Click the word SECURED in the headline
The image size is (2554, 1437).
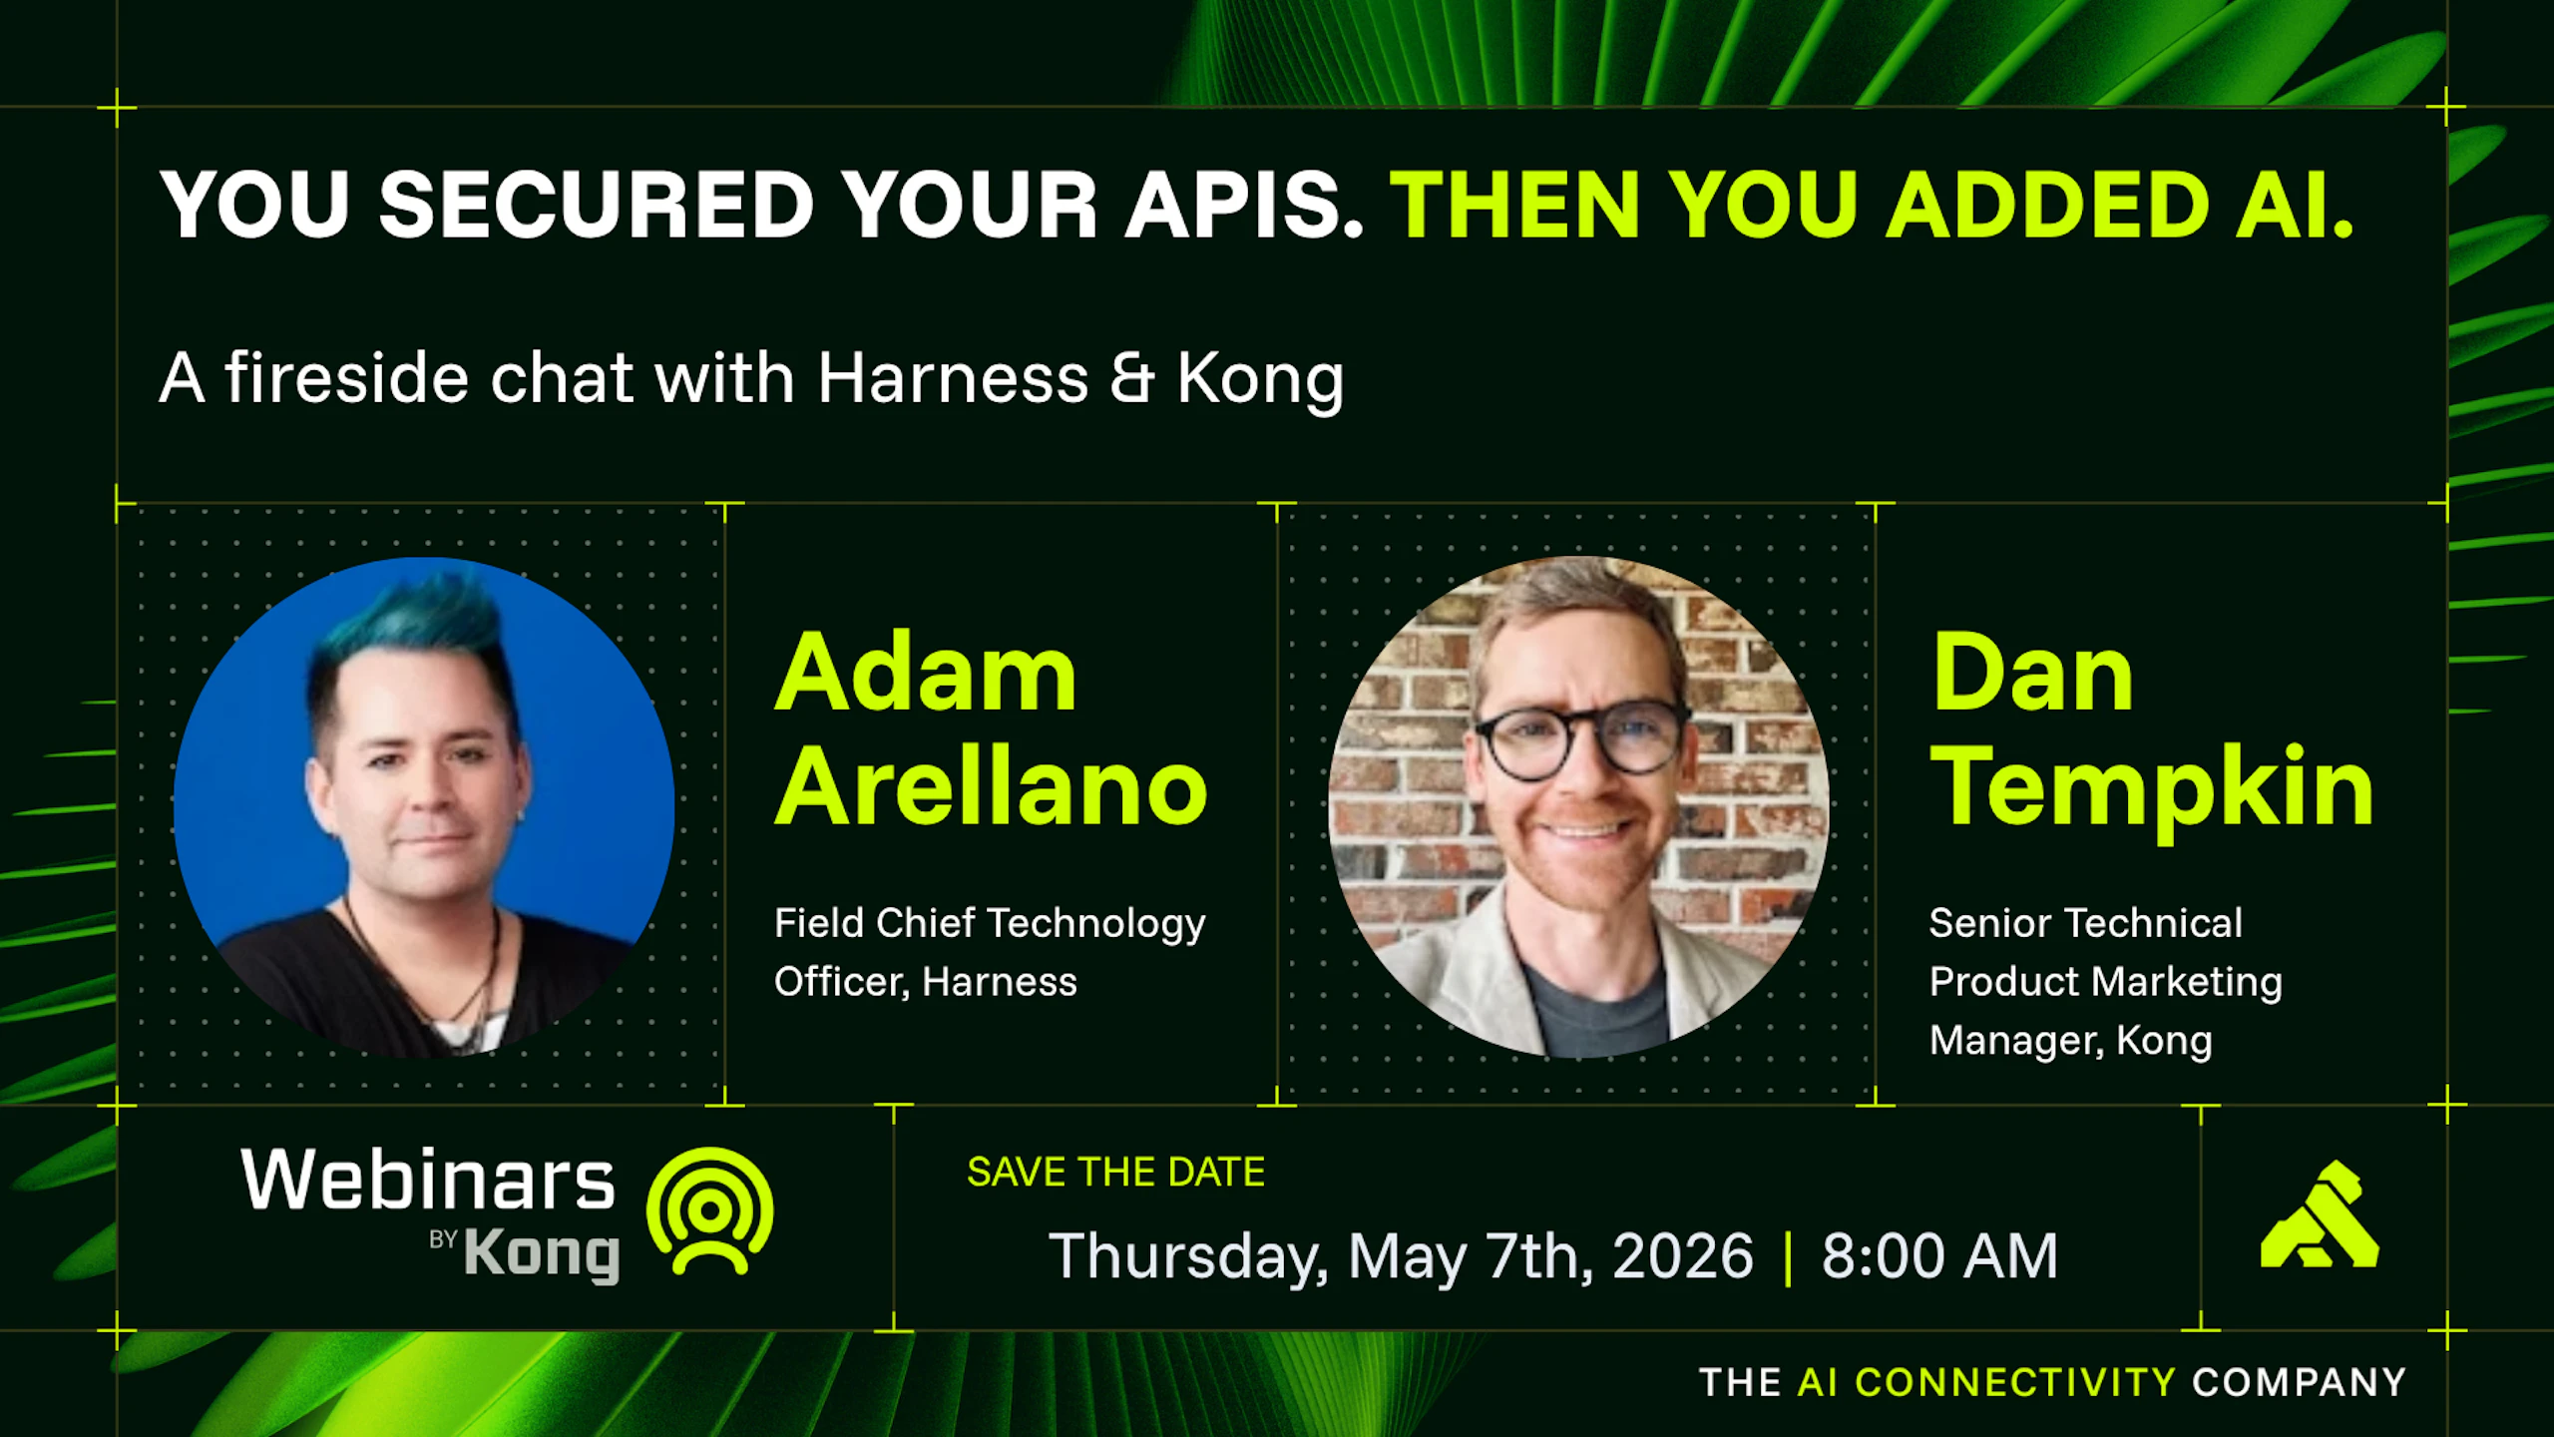click(x=597, y=204)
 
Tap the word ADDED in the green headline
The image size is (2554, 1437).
click(x=2047, y=204)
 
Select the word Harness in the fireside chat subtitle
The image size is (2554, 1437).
click(x=953, y=378)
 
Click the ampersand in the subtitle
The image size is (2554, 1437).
click(x=1131, y=378)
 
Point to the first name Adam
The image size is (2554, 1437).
click(x=926, y=674)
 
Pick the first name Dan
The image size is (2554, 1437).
click(x=2032, y=674)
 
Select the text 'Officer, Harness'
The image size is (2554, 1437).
click(x=926, y=982)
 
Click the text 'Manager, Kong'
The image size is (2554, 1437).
click(x=2071, y=1041)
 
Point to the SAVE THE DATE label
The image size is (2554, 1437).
click(x=1115, y=1172)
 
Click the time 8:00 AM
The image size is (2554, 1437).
click(x=1939, y=1255)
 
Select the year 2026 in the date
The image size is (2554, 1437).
click(x=1683, y=1255)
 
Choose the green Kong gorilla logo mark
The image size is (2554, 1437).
click(x=2320, y=1214)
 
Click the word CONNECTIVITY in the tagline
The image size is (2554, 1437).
click(x=2015, y=1382)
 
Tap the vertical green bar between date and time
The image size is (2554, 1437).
click(x=1788, y=1257)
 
